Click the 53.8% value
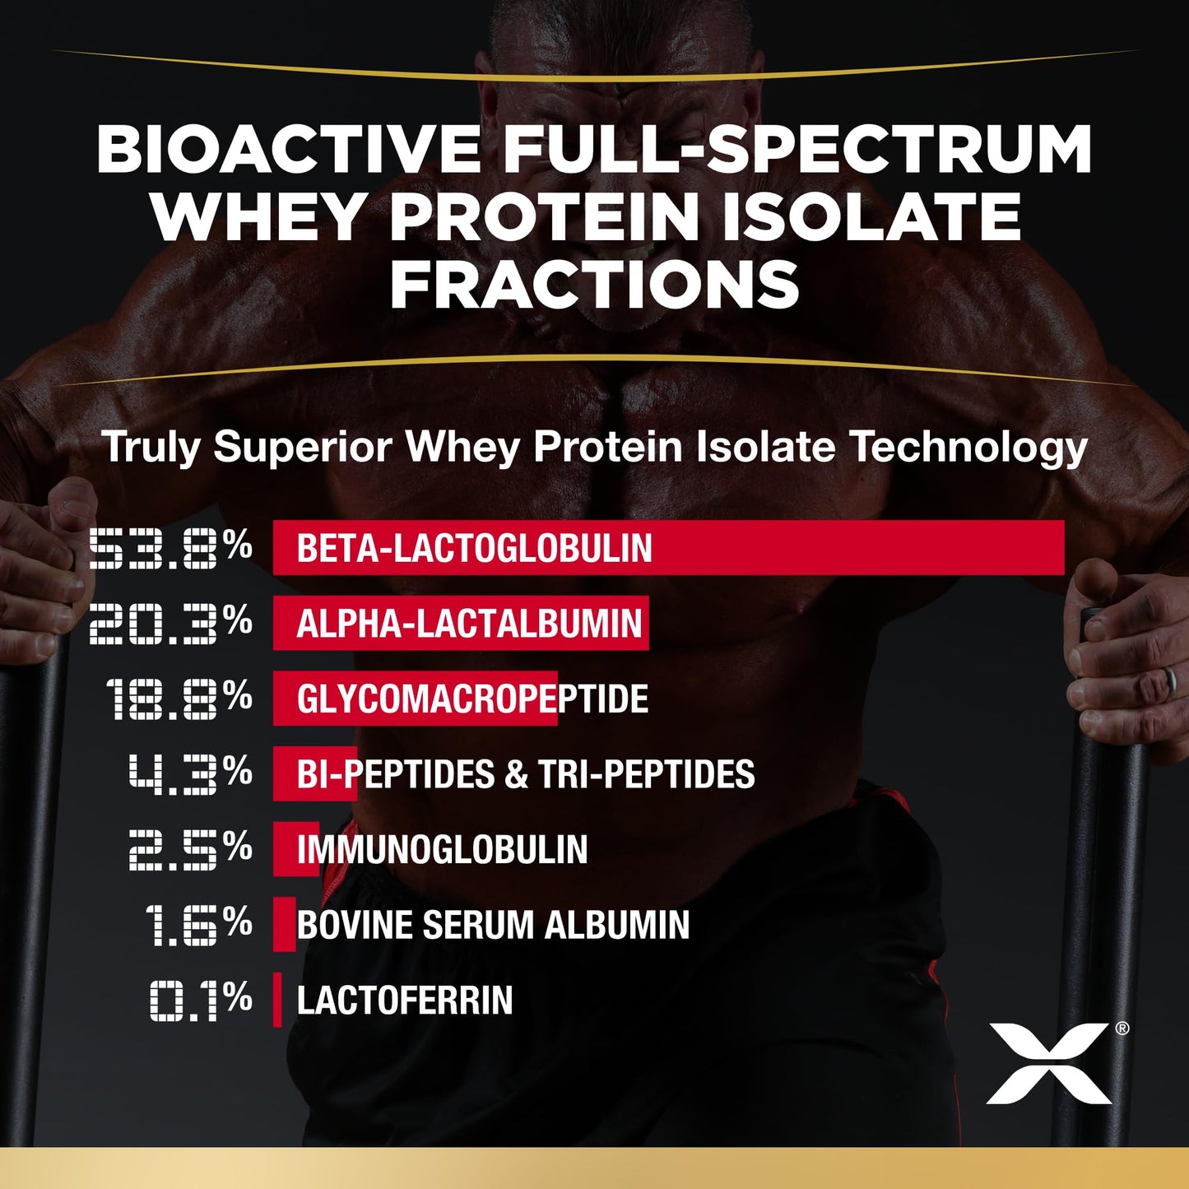pyautogui.click(x=170, y=548)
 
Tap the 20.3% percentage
pyautogui.click(x=170, y=623)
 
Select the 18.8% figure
pyautogui.click(x=179, y=699)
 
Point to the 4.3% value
pyautogui.click(x=190, y=774)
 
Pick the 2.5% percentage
pyautogui.click(x=190, y=849)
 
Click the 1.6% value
pyautogui.click(x=197, y=925)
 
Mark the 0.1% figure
pyautogui.click(x=201, y=1001)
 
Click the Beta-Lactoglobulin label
pyautogui.click(x=474, y=548)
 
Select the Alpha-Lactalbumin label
pyautogui.click(x=469, y=624)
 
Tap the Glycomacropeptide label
pyautogui.click(x=472, y=699)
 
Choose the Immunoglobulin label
pyautogui.click(x=442, y=850)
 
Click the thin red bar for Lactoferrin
pyautogui.click(x=277, y=1000)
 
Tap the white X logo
pyautogui.click(x=1048, y=1062)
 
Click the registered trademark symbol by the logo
pyautogui.click(x=1122, y=1029)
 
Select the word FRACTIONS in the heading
pyautogui.click(x=594, y=285)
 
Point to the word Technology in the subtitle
pyautogui.click(x=968, y=447)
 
